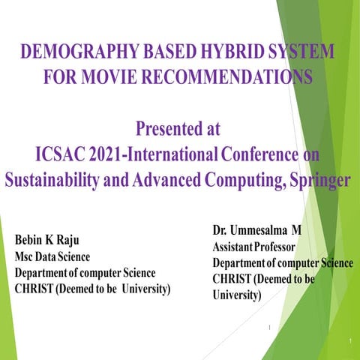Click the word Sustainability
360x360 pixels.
[x=54, y=181]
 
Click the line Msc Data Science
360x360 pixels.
[x=53, y=257]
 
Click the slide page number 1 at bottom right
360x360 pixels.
[x=350, y=343]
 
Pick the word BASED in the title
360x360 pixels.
[x=160, y=53]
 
